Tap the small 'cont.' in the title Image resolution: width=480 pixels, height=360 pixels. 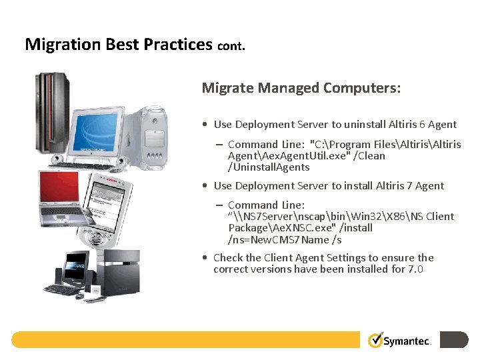231,47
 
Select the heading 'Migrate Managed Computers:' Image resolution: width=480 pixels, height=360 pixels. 301,88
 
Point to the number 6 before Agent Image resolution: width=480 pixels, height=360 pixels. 422,124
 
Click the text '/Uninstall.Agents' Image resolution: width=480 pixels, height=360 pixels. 269,167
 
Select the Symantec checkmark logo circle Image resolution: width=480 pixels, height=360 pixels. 376,340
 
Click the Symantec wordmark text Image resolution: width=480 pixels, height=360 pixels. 408,341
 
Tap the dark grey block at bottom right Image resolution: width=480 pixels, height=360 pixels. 454,340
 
